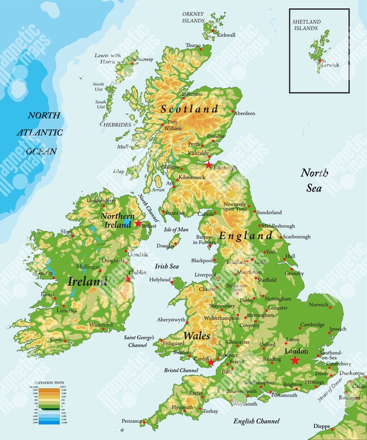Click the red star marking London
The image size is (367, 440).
pyautogui.click(x=295, y=360)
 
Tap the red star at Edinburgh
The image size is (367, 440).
pyautogui.click(x=208, y=165)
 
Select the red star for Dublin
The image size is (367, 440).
pyautogui.click(x=128, y=279)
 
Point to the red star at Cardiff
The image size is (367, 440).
pyautogui.click(x=211, y=363)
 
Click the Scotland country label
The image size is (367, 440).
pyautogui.click(x=189, y=109)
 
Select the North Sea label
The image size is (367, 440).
pyautogui.click(x=314, y=180)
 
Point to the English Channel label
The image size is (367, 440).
pyautogui.click(x=256, y=421)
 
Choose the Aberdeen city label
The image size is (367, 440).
pyautogui.click(x=244, y=113)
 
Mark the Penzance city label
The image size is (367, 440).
pyautogui.click(x=132, y=421)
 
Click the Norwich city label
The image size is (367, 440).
pyautogui.click(x=318, y=304)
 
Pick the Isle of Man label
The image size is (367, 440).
pyautogui.click(x=177, y=230)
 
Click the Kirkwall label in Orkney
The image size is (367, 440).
pyautogui.click(x=226, y=35)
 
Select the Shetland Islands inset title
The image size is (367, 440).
pyautogui.click(x=305, y=24)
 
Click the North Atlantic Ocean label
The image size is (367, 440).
pyautogui.click(x=44, y=133)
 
